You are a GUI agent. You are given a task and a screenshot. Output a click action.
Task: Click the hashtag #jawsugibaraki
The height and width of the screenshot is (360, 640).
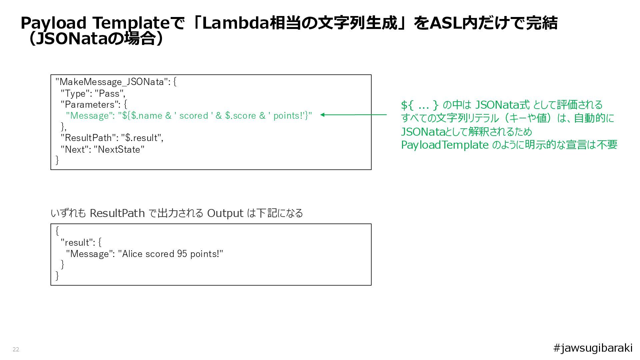click(593, 348)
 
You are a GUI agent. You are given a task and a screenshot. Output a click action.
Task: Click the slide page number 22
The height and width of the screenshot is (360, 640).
click(16, 349)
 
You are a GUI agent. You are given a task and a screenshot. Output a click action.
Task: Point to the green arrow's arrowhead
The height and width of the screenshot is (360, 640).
click(323, 115)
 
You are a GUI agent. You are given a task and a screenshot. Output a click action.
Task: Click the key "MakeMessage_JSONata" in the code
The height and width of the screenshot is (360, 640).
click(112, 82)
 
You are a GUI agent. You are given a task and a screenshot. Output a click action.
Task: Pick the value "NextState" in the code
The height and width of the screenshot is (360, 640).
click(119, 149)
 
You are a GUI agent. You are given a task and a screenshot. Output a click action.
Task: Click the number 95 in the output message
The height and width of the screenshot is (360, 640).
click(182, 254)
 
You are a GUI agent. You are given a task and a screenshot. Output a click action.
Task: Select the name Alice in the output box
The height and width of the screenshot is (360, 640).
click(132, 254)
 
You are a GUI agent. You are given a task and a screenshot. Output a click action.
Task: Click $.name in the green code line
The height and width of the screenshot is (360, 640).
click(147, 116)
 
